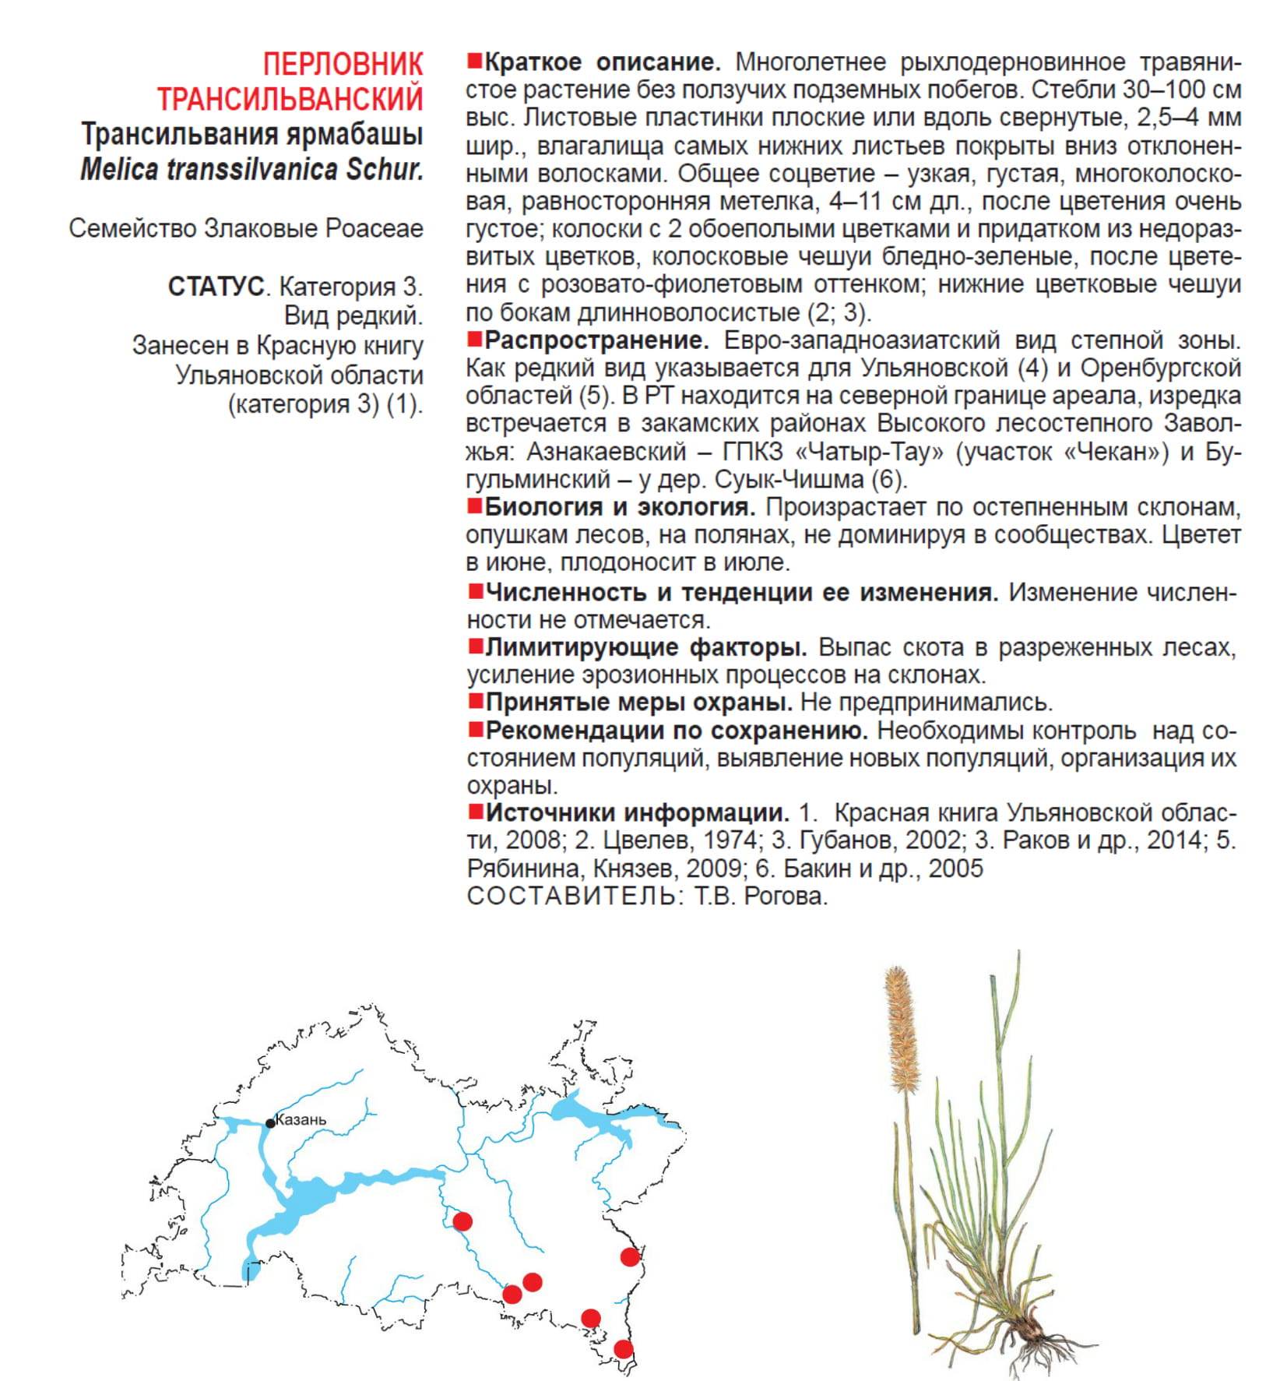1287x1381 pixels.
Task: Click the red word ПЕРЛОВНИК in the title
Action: pos(343,64)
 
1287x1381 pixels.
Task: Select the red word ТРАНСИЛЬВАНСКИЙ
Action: pos(290,99)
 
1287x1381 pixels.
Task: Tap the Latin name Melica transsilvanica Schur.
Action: pos(251,169)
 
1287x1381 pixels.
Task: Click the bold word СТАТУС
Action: pos(216,287)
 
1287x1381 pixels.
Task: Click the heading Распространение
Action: pos(596,340)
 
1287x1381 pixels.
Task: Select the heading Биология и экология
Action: pos(620,507)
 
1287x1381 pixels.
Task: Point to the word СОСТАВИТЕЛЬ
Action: pos(571,896)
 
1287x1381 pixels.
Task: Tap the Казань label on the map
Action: pos(301,1120)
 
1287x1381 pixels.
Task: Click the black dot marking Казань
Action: pos(270,1122)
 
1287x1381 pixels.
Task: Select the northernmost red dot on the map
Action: pos(462,1221)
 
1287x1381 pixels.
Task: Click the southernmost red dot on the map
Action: pos(623,1349)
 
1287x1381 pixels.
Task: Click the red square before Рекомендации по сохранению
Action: pos(475,730)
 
